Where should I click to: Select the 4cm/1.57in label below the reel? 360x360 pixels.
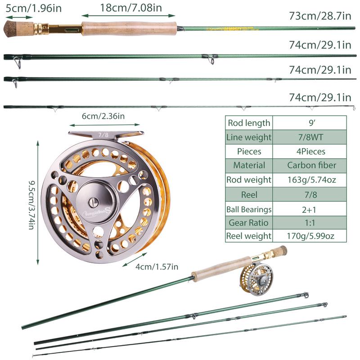click(157, 267)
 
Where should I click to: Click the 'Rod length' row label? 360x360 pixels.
click(249, 123)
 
